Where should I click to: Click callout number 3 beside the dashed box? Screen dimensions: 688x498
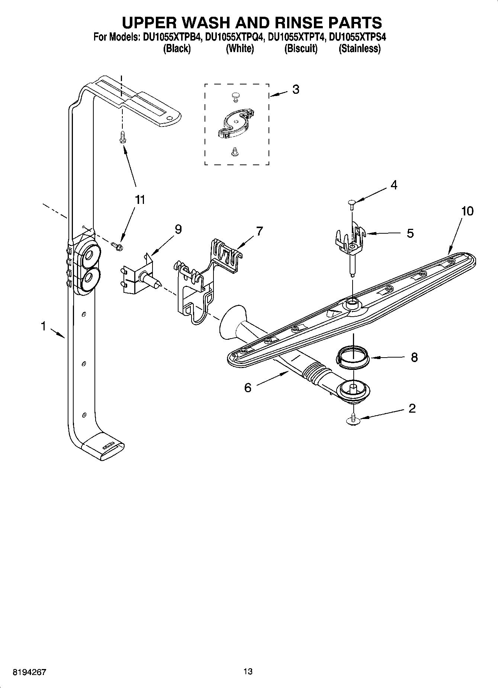point(296,90)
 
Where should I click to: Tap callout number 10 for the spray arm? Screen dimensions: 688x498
point(467,211)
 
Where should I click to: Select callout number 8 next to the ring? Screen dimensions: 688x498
point(414,358)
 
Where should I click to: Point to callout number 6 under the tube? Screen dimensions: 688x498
point(248,388)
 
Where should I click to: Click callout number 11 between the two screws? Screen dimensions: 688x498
point(139,200)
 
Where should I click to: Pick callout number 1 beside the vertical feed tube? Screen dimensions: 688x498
point(44,326)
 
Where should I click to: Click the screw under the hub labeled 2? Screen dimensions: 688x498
point(353,420)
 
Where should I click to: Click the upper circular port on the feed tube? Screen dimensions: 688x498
point(89,255)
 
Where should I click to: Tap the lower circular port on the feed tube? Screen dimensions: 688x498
point(89,278)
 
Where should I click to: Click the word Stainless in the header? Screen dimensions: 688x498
point(359,49)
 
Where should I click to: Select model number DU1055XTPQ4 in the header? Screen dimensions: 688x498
point(235,37)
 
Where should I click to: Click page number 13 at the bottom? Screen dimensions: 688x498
point(248,672)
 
